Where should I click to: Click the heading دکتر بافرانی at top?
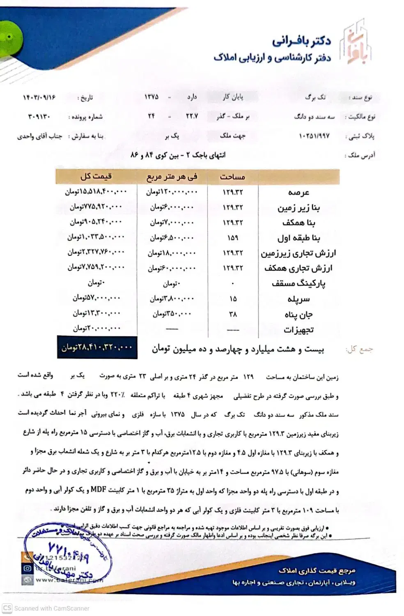click(x=301, y=41)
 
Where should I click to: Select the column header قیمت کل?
click(x=96, y=177)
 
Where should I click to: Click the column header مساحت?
click(x=232, y=177)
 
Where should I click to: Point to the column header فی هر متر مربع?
click(x=172, y=177)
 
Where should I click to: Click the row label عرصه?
click(x=298, y=192)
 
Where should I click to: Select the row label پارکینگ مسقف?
click(x=298, y=283)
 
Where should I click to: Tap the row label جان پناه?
click(x=298, y=315)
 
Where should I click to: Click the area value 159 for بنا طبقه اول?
click(x=232, y=238)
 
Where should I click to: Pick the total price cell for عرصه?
click(x=96, y=192)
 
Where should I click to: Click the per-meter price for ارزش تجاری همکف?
click(x=172, y=268)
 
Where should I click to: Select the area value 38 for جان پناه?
click(x=233, y=314)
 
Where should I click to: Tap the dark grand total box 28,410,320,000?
click(x=97, y=347)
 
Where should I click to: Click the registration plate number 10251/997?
click(x=314, y=136)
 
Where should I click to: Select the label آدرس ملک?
click(x=361, y=155)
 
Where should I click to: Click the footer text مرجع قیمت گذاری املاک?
click(x=316, y=570)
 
